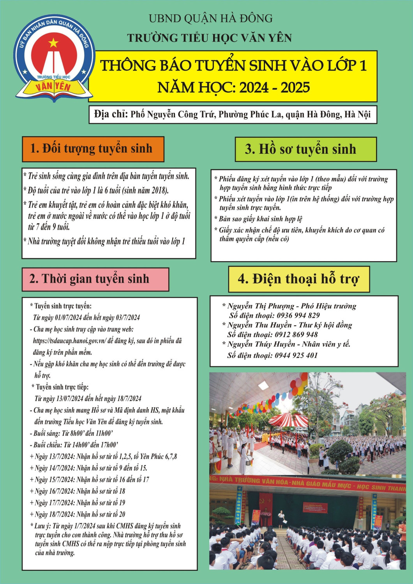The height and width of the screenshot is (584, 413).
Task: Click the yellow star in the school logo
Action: (53, 42)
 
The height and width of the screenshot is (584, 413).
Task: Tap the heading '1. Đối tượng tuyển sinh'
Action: (91, 149)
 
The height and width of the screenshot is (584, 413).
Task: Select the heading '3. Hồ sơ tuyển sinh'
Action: (300, 149)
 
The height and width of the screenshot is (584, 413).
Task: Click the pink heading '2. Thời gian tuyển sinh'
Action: (89, 279)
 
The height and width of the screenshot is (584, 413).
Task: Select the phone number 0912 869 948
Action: (296, 334)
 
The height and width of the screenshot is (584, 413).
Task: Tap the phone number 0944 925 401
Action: (296, 355)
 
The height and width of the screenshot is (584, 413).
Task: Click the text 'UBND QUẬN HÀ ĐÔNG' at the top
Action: (210, 18)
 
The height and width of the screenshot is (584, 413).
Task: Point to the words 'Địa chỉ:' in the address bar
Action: (111, 114)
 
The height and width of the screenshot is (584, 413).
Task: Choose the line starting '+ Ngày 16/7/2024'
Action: (78, 491)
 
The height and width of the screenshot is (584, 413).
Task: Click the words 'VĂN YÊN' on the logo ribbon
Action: (53, 86)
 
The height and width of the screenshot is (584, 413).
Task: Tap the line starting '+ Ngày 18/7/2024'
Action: (78, 514)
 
